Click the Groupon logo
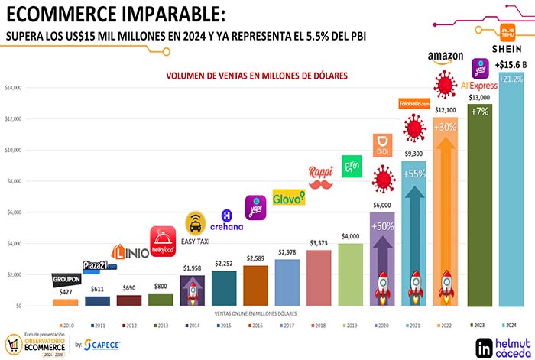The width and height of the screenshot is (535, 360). click(x=66, y=279)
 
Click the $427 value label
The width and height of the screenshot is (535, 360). click(x=66, y=293)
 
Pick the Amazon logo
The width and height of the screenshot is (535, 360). click(x=447, y=56)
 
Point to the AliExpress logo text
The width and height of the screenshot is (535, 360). click(x=479, y=86)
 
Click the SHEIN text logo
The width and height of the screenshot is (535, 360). click(x=511, y=50)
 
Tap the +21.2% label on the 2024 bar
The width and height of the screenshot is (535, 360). click(x=511, y=79)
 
